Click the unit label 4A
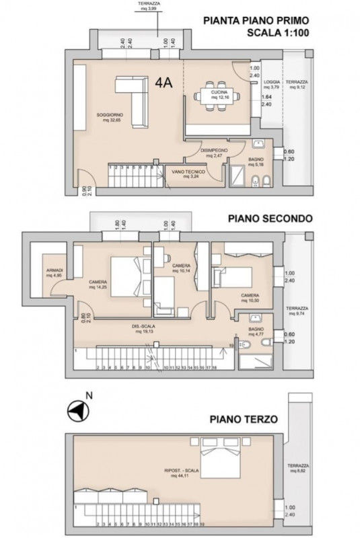click(164, 83)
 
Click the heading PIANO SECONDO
click(268, 219)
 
